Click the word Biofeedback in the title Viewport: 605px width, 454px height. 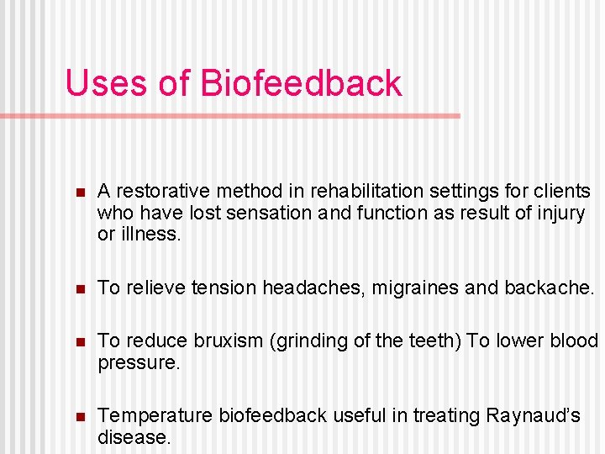pyautogui.click(x=301, y=83)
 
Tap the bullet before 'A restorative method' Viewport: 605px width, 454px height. pyautogui.click(x=80, y=193)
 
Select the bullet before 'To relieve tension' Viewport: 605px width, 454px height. pyautogui.click(x=80, y=288)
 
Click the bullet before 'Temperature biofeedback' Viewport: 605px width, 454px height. pyautogui.click(x=80, y=416)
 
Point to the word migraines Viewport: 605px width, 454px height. pyautogui.click(x=418, y=288)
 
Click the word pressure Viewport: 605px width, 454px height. pyautogui.click(x=137, y=363)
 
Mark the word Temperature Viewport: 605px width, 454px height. pyautogui.click(x=155, y=415)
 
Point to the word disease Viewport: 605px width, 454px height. pyautogui.click(x=133, y=437)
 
